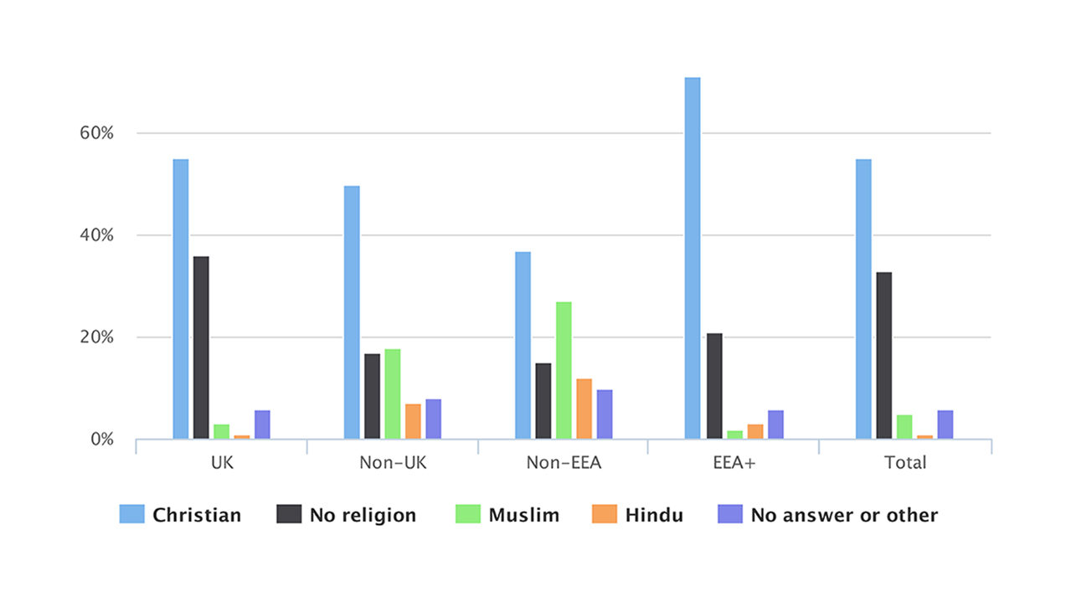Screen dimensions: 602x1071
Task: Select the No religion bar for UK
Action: tap(201, 347)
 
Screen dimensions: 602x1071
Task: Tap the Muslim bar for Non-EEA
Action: tap(564, 370)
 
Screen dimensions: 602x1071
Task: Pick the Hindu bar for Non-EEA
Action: tap(584, 409)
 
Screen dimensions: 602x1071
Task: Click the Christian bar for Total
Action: tap(863, 299)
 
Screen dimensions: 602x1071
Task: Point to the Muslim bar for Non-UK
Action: tap(393, 394)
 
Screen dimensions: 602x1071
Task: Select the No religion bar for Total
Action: tap(883, 355)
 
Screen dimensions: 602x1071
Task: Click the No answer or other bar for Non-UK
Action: tap(433, 419)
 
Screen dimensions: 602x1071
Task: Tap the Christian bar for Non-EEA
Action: tap(523, 345)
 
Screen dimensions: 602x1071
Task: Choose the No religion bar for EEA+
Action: tap(713, 386)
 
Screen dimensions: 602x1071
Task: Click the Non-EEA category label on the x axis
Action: tap(564, 462)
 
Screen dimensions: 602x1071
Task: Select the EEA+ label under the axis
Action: tap(734, 462)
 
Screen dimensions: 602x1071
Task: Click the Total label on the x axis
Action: tap(905, 462)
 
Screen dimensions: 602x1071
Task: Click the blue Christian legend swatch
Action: tap(132, 514)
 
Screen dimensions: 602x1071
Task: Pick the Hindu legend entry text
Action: tap(654, 515)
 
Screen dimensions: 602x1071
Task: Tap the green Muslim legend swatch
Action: tap(468, 514)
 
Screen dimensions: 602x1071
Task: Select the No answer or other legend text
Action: tap(844, 515)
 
